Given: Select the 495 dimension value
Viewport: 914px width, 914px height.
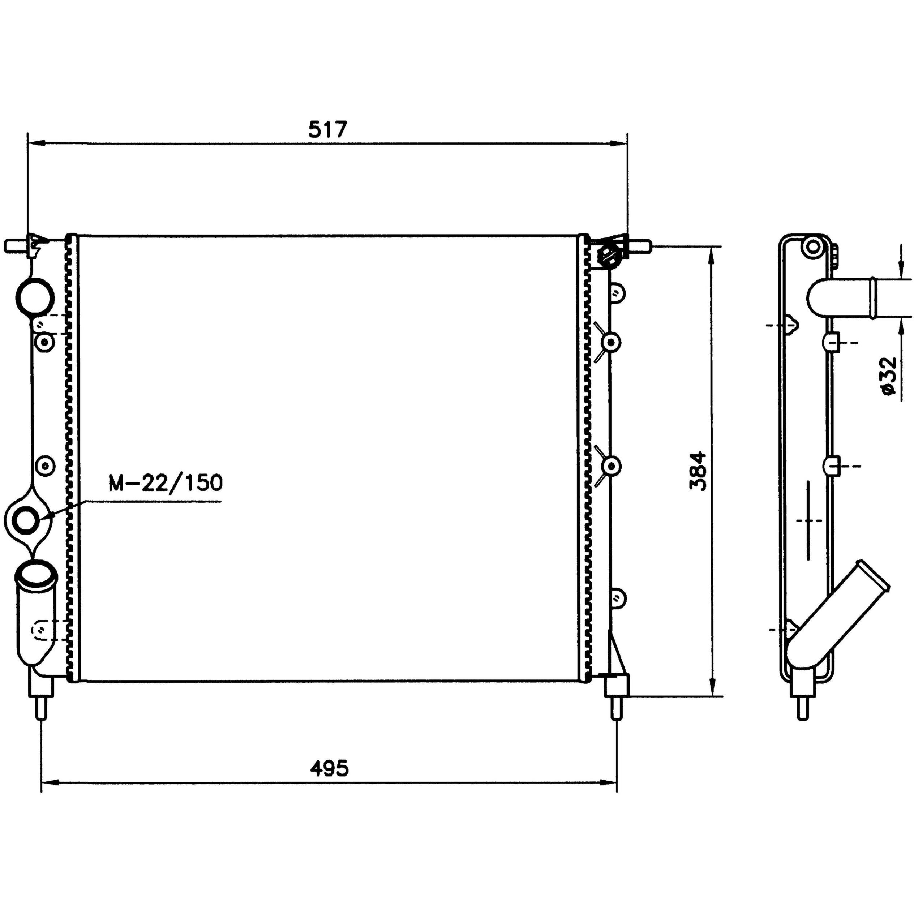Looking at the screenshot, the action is [x=330, y=769].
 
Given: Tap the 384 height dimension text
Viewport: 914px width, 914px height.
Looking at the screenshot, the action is [x=698, y=472].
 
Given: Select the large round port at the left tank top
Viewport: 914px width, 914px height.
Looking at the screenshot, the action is [x=35, y=297].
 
